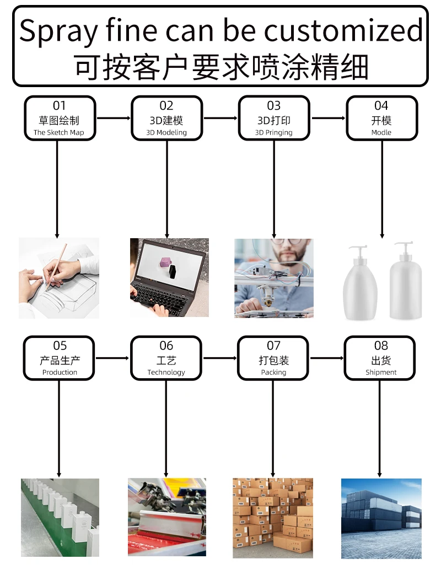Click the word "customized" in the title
[343, 31]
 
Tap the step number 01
[59, 105]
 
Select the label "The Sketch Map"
[59, 132]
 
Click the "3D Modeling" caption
[166, 132]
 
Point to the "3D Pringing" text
[274, 132]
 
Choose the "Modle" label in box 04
[381, 132]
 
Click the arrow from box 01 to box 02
[113, 118]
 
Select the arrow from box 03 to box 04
[328, 118]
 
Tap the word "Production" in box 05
[60, 373]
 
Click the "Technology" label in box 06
[166, 373]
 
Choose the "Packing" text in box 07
[274, 373]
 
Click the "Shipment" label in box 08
[381, 373]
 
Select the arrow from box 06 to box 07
[220, 358]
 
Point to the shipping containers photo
[381, 518]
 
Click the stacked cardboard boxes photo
[273, 518]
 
